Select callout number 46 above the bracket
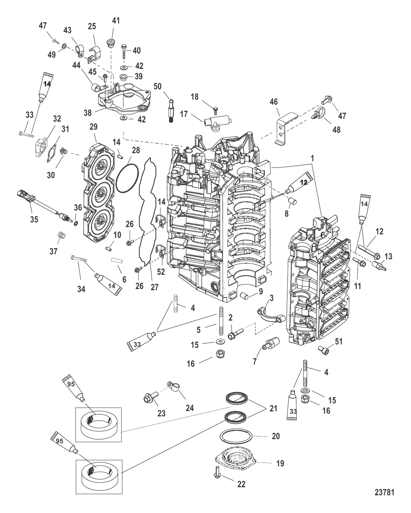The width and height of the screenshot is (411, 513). coord(274,102)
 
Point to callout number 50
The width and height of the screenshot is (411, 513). coord(158,86)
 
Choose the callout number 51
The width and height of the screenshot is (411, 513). coord(338,341)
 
